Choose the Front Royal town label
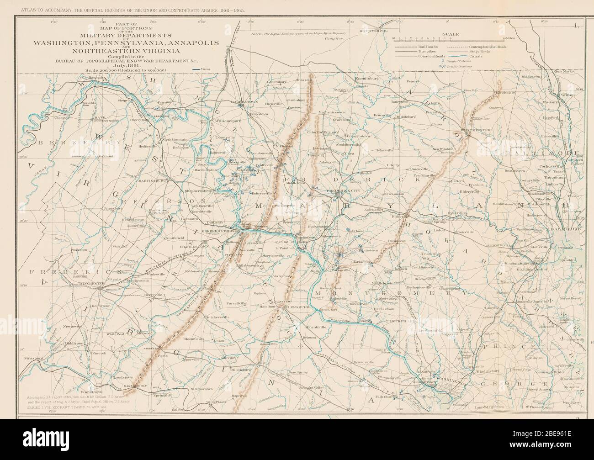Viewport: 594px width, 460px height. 90,391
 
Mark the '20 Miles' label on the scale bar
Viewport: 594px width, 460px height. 508,38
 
